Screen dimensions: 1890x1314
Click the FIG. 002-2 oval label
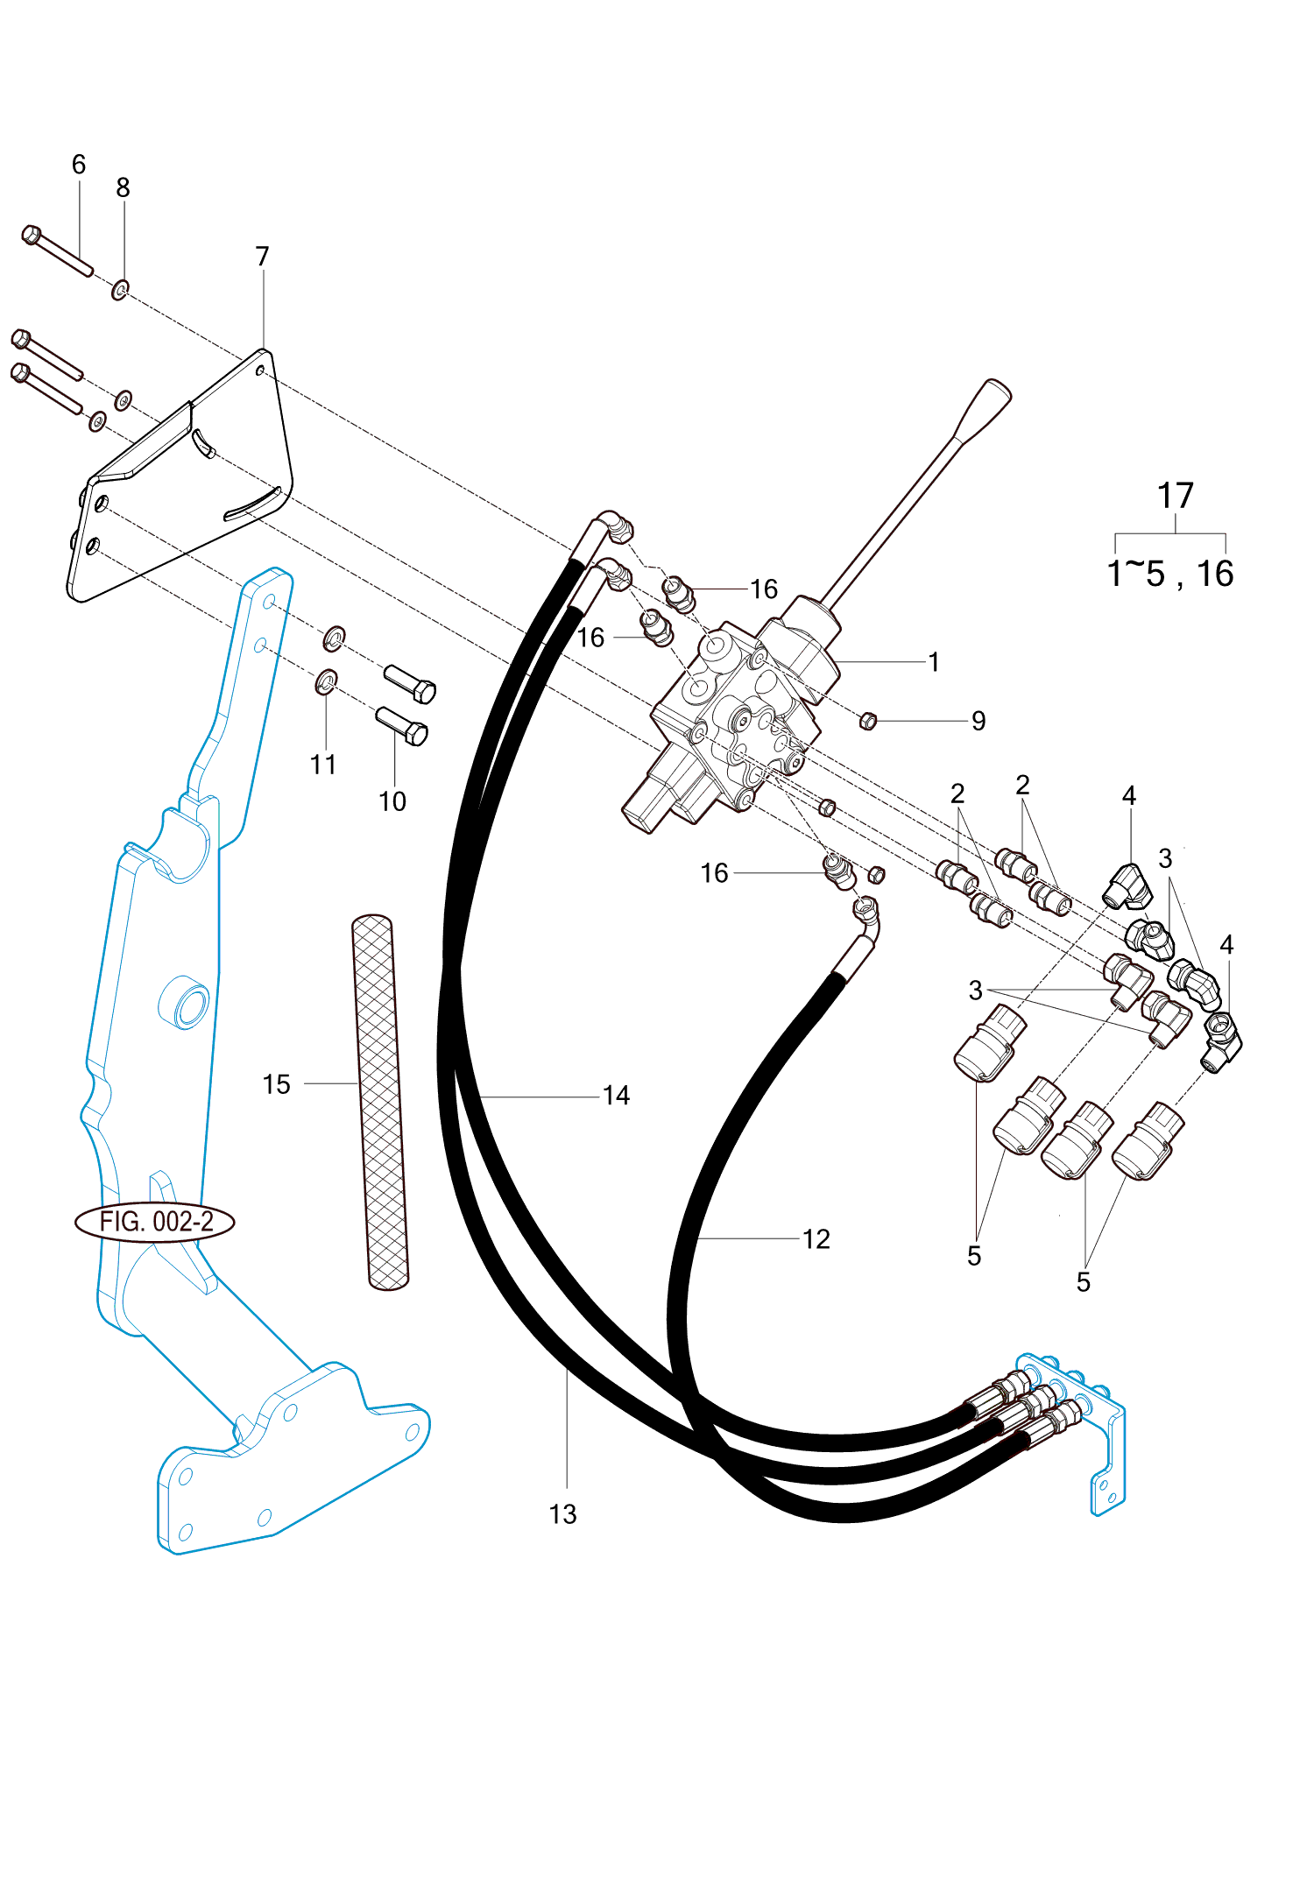pos(156,1221)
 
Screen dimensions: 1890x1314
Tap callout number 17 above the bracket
pos(1175,496)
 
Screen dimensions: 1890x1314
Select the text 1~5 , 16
pos(1169,574)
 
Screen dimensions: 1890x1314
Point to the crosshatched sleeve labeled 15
pos(380,1102)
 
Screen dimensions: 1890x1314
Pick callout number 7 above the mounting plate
pos(262,256)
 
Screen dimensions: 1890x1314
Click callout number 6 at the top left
pos(79,164)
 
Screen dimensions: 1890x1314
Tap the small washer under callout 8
pos(120,288)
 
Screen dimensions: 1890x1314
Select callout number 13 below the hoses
pos(562,1514)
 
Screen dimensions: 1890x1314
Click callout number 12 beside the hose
pos(816,1238)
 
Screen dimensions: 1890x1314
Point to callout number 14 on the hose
pos(616,1095)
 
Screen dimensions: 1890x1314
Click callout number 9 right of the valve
pos(978,721)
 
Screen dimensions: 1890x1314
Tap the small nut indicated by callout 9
pos(868,721)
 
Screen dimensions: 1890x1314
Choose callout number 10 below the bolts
pos(392,800)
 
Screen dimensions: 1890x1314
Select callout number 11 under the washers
pos(323,764)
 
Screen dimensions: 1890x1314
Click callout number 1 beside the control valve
pos(934,661)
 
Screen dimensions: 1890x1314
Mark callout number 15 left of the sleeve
pos(276,1084)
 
